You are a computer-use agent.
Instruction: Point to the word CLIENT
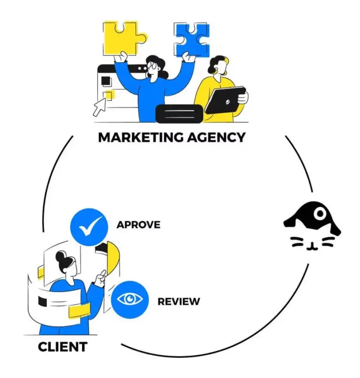coord(62,347)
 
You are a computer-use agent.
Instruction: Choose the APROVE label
coord(138,225)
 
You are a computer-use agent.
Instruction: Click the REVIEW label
coord(179,301)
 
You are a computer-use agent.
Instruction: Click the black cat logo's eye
coord(320,214)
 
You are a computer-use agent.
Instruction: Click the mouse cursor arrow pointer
coord(99,107)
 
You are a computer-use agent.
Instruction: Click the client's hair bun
coord(59,256)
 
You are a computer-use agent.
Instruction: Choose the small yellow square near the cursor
coord(109,96)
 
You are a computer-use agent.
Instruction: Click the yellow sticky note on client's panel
coord(79,311)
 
